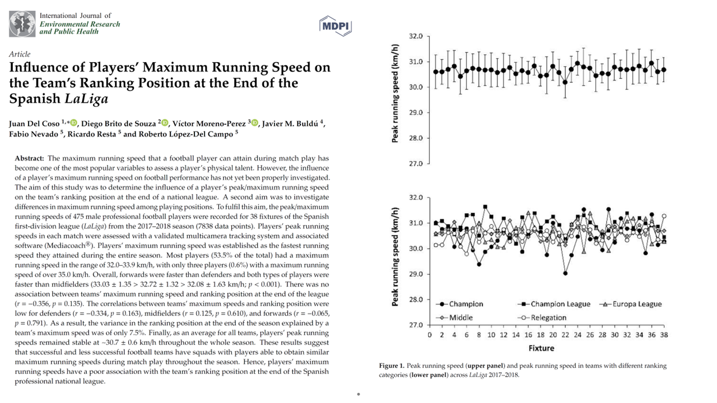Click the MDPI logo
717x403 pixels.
coord(336,26)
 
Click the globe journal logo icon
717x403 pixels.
coord(22,24)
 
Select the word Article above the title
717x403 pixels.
coord(20,54)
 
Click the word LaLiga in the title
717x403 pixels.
coord(86,99)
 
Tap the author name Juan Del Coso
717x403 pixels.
coord(34,124)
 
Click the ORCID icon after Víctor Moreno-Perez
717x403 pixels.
coord(255,123)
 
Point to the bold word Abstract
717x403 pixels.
coord(29,158)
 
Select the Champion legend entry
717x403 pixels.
coord(460,304)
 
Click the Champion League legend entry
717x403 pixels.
coord(554,304)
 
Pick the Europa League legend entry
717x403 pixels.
coord(631,304)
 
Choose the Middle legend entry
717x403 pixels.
coord(454,317)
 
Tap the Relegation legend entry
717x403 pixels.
coord(542,317)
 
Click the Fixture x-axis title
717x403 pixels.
coord(541,348)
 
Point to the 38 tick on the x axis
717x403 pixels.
coord(664,335)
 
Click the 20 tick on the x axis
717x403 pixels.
coord(553,335)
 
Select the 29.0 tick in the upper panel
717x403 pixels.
coord(416,113)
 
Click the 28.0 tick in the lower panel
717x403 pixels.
coord(416,299)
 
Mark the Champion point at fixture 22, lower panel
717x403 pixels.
coord(565,274)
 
